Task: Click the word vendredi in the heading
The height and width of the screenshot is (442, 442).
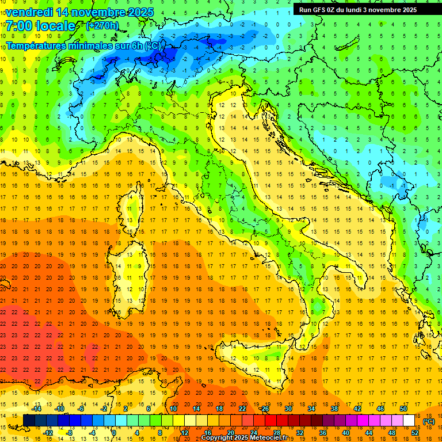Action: point(30,12)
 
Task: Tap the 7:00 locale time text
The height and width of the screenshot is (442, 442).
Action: point(40,26)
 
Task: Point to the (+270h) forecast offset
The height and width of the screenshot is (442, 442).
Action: point(102,26)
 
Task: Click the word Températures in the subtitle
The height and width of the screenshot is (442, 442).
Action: point(40,45)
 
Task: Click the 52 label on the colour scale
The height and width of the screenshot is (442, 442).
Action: point(415,432)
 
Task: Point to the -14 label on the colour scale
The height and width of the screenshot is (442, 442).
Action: point(37,409)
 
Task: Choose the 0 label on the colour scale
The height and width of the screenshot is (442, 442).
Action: point(113,432)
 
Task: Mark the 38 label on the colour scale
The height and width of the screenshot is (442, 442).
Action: point(334,409)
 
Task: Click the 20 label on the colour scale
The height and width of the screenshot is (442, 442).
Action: point(230,432)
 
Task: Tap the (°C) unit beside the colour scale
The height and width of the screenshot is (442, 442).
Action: point(428,421)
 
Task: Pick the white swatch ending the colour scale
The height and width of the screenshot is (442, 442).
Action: point(409,420)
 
